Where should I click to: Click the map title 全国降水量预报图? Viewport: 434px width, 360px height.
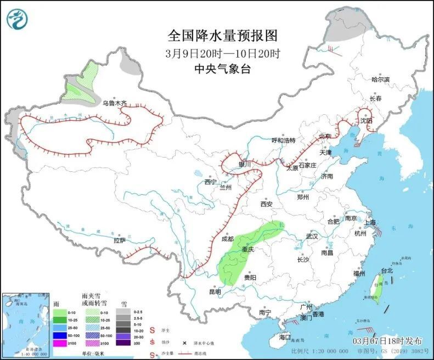[223, 36]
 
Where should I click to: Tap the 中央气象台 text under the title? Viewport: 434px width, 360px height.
[223, 69]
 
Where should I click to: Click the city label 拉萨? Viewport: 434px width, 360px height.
[120, 240]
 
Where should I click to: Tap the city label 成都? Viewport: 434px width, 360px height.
[227, 239]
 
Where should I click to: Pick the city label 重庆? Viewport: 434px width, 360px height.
[249, 249]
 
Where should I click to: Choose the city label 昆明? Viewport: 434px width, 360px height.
[214, 292]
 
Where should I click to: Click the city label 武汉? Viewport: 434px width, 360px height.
[312, 236]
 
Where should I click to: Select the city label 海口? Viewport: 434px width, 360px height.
[284, 337]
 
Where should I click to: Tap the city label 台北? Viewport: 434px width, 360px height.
[387, 271]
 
